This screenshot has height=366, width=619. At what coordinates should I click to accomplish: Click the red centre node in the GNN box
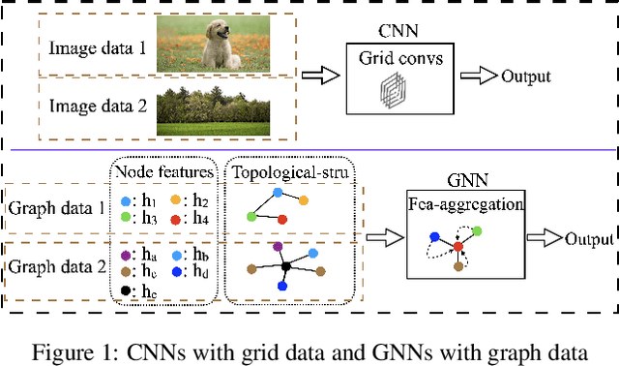point(458,247)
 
